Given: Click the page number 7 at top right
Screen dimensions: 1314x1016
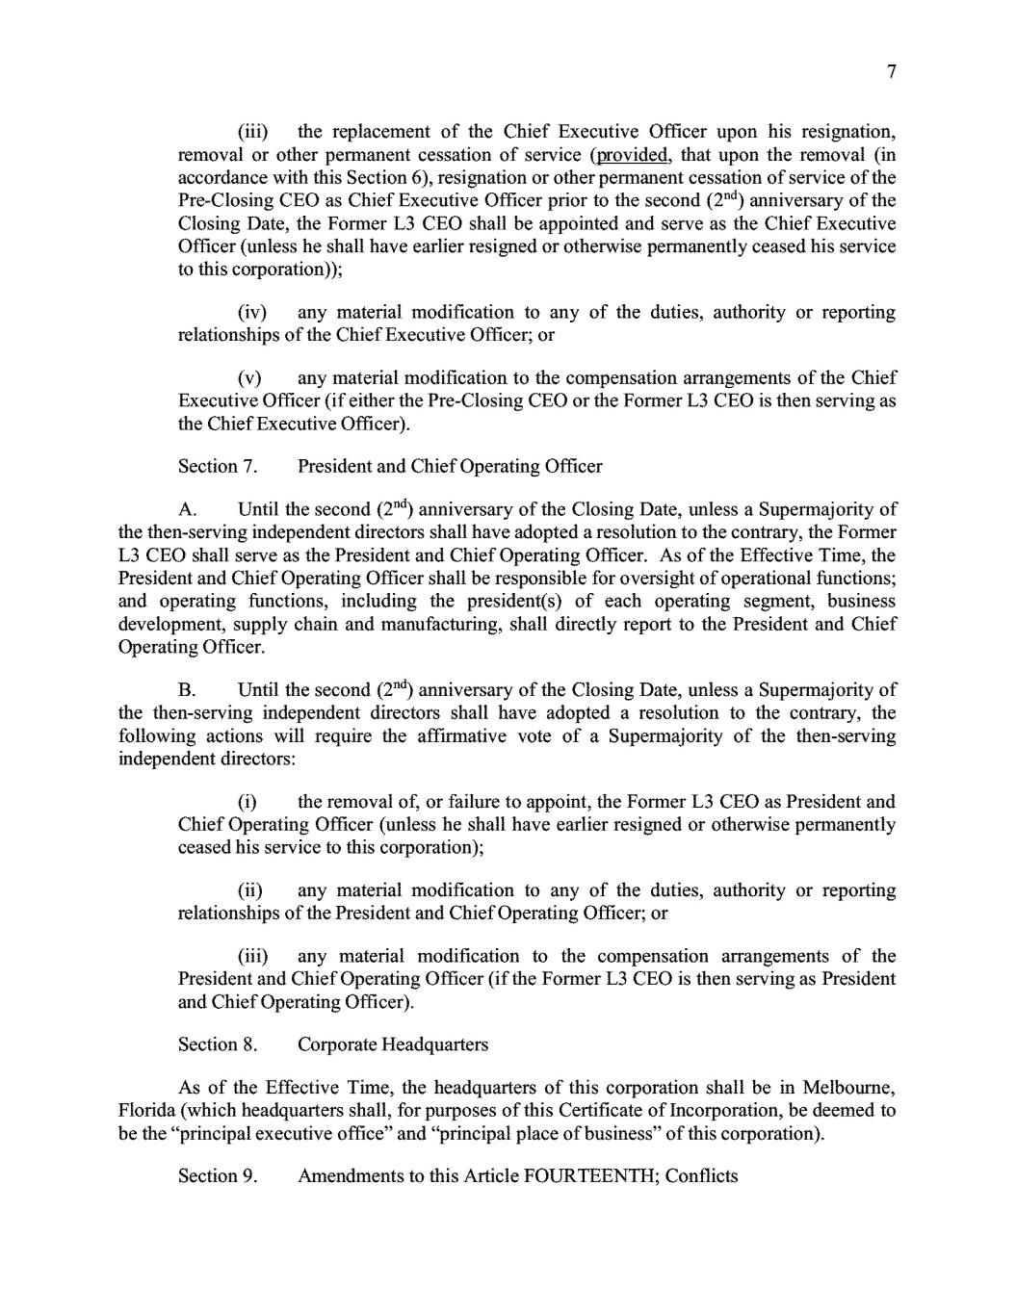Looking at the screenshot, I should [x=892, y=72].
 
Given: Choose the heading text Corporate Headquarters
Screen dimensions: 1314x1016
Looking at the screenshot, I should [x=393, y=1045].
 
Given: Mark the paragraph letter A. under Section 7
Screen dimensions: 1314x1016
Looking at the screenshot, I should [x=189, y=510].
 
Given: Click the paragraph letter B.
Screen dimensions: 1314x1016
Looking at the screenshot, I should [x=189, y=691].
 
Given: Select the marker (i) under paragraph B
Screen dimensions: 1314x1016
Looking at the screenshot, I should [x=247, y=803].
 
